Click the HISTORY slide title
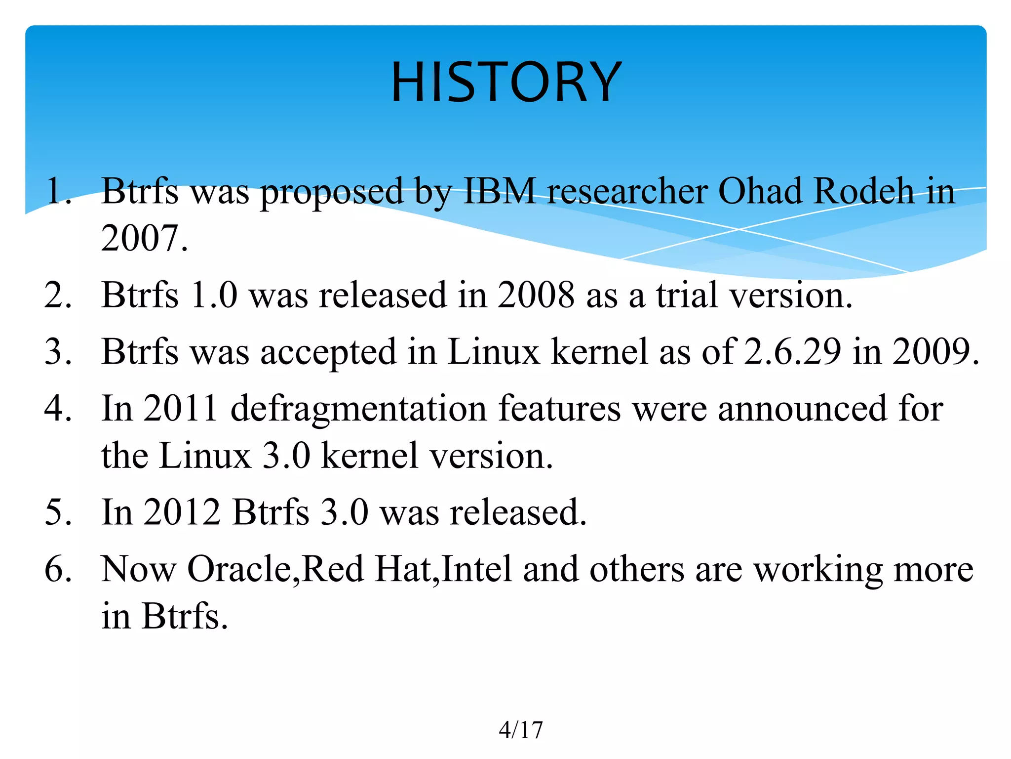click(506, 82)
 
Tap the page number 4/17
click(520, 730)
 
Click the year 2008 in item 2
click(536, 295)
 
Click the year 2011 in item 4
click(181, 409)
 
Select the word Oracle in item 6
click(242, 569)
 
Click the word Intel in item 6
click(477, 569)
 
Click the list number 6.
click(57, 569)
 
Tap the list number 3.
click(57, 352)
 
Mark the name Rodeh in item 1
click(863, 191)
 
